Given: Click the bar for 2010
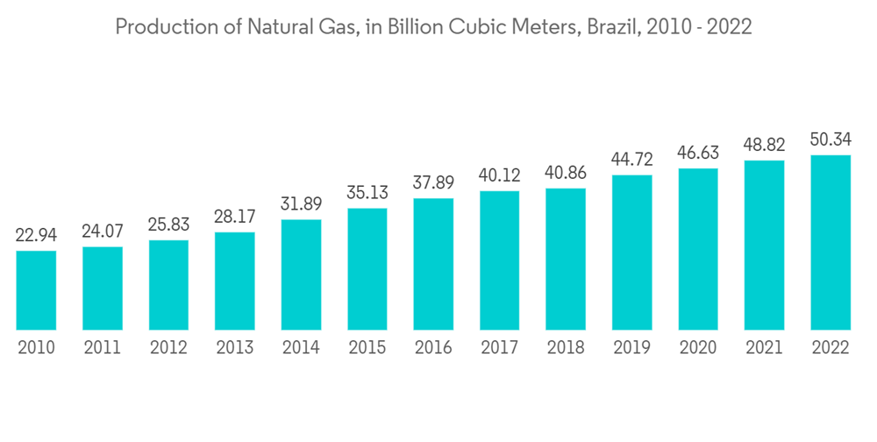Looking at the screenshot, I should tap(36, 290).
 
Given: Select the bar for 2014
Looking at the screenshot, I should tap(301, 274).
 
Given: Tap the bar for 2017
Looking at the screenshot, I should tap(499, 260).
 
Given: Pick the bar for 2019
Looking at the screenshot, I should tap(631, 253).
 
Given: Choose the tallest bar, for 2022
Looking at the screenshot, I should tap(830, 243).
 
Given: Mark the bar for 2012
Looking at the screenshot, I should tap(168, 285).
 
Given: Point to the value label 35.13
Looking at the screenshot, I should tap(367, 193).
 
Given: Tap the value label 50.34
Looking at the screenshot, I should tap(830, 140).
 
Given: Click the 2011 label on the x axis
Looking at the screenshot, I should tap(102, 348).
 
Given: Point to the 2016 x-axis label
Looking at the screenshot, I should tap(433, 348).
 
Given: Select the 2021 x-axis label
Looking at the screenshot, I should tap(764, 348).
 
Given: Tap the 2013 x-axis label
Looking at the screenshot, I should tap(234, 348).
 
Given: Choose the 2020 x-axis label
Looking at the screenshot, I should tap(697, 348).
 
